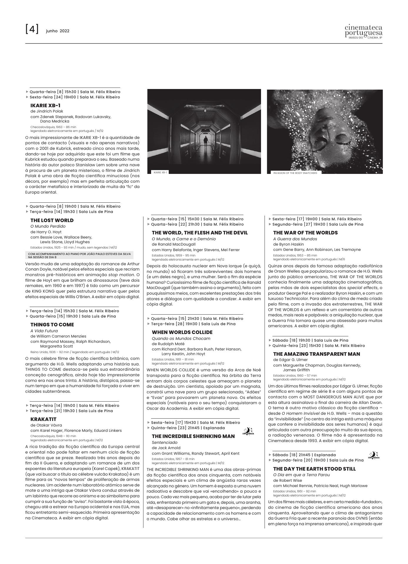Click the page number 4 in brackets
32,29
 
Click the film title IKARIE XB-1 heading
46,105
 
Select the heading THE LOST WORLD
52,220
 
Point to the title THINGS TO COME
52,325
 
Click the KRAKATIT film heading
43,419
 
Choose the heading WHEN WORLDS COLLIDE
182,332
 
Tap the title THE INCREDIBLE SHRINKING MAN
193,436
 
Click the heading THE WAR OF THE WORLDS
305,233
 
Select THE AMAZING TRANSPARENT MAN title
317,354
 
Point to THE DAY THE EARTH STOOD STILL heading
314,469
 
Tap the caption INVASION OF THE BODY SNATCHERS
295,173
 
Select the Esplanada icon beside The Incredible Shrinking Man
248,431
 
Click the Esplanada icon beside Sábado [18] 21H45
374,456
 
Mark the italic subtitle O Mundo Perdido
48,226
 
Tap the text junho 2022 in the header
58,31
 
